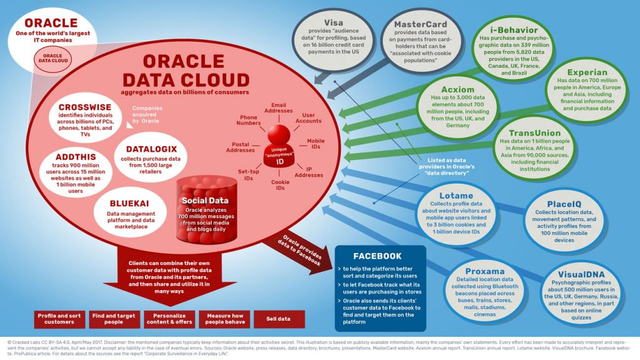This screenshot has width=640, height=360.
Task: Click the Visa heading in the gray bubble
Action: click(335, 22)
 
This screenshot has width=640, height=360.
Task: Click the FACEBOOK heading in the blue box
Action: click(377, 256)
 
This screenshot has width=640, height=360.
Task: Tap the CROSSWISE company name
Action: click(84, 107)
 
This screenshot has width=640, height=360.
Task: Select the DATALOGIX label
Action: click(151, 149)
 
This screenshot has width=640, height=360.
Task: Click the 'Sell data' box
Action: click(280, 319)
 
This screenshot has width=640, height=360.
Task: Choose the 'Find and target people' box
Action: click(112, 319)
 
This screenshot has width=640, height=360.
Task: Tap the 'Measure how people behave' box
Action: click(224, 319)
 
